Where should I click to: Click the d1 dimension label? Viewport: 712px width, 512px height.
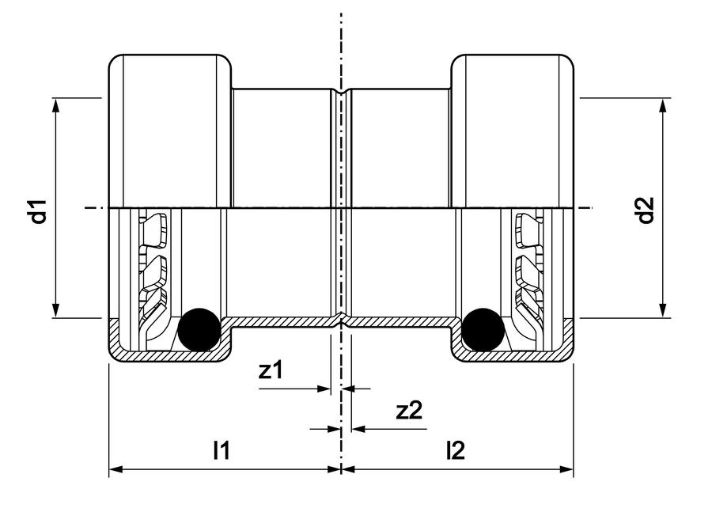click(40, 211)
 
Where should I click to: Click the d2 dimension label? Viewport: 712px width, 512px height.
click(646, 210)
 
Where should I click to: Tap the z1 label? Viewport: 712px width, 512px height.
click(271, 370)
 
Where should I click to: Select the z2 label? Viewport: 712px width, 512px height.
click(410, 410)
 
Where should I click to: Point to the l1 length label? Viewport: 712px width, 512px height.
click(222, 450)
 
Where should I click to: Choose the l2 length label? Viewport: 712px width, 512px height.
click(456, 450)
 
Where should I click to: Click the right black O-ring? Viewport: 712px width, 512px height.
click(483, 329)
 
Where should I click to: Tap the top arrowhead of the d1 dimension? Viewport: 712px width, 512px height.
click(55, 105)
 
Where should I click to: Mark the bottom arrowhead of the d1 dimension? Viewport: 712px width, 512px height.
click(55, 311)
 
